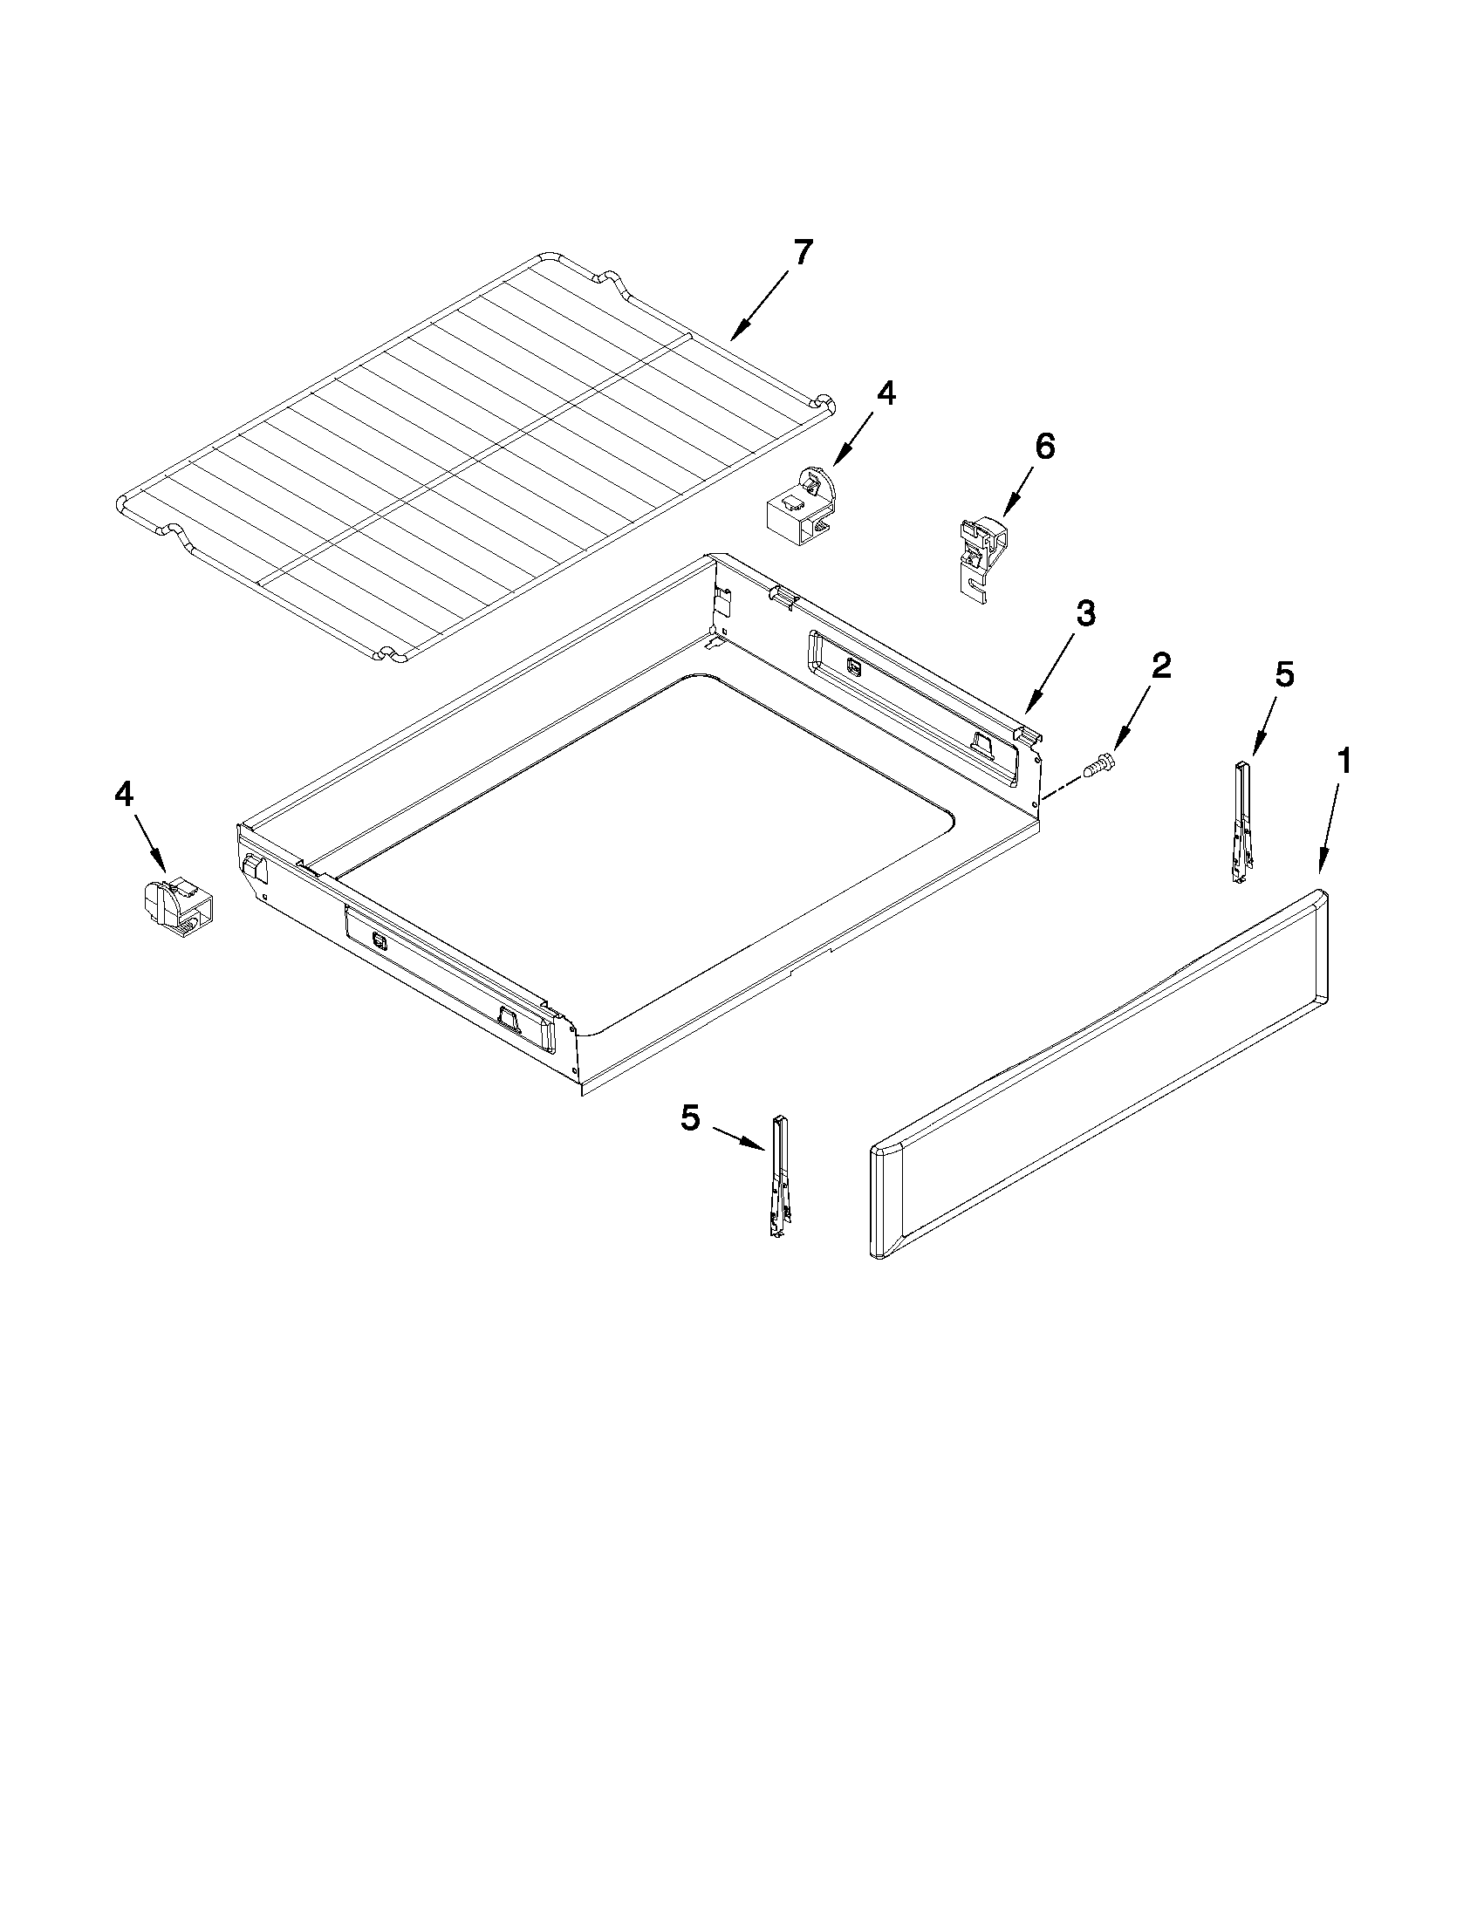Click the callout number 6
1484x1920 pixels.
[x=1044, y=448]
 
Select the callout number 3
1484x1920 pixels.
[x=1086, y=612]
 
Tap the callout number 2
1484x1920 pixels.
[x=1160, y=666]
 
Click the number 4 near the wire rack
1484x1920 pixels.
[x=886, y=393]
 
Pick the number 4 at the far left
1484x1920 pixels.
[x=124, y=795]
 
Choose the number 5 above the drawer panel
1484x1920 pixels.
[x=1284, y=675]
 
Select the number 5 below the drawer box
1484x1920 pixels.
[x=690, y=1118]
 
